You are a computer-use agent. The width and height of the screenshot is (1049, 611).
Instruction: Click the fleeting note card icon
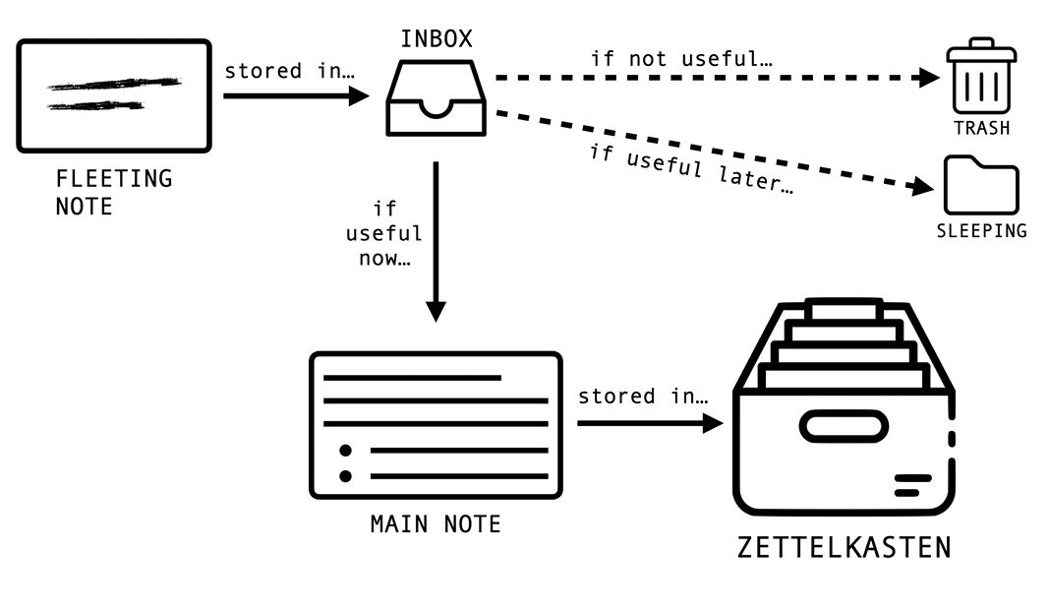114,95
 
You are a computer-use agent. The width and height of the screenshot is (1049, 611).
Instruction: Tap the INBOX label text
437,39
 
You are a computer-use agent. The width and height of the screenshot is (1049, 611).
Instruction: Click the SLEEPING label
982,231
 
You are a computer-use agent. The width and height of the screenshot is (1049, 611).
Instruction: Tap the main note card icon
436,425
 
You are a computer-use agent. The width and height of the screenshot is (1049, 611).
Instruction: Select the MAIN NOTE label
436,524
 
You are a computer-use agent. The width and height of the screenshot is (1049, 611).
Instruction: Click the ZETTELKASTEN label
845,547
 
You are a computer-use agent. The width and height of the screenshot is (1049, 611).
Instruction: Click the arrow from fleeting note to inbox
295,95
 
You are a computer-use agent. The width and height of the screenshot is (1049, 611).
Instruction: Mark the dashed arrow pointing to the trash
718,78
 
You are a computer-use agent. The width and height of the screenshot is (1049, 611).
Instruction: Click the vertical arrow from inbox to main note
436,241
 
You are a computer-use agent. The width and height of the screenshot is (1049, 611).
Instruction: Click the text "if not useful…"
681,59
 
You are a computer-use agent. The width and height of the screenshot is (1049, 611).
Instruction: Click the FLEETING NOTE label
114,192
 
